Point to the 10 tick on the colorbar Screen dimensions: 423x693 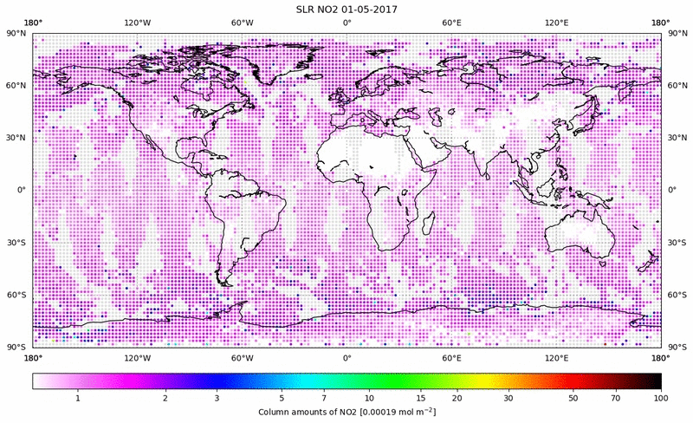[x=369, y=398]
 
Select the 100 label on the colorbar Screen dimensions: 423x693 [x=661, y=398]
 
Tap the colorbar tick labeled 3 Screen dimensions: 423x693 [x=217, y=398]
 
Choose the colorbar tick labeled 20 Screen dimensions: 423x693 [x=456, y=398]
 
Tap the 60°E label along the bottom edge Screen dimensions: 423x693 [x=451, y=357]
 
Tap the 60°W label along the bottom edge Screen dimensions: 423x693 [x=242, y=357]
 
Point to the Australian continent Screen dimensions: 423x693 [x=580, y=234]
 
